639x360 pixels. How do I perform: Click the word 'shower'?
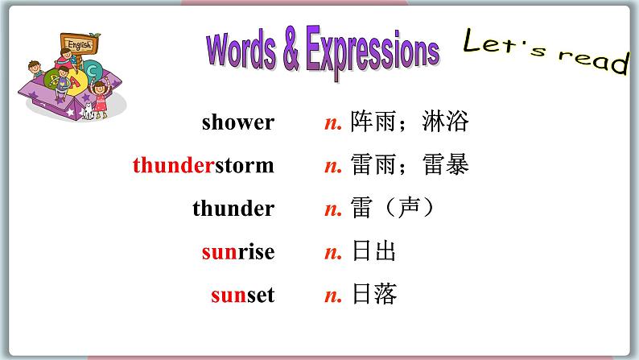tap(237, 122)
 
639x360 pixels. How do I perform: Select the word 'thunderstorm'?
tap(203, 166)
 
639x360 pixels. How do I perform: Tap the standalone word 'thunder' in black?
tap(233, 209)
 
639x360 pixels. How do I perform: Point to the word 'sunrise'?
tap(237, 252)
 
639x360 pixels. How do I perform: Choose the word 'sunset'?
tap(242, 296)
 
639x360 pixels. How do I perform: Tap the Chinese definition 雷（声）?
tap(394, 209)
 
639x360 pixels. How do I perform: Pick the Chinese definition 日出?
tap(374, 252)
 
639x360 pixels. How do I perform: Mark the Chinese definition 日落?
tap(374, 296)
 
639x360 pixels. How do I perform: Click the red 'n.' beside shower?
tap(333, 123)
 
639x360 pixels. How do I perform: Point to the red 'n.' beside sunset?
tap(333, 296)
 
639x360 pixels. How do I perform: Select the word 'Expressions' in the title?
tap(369, 53)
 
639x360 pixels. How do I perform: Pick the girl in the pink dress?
tap(99, 97)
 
